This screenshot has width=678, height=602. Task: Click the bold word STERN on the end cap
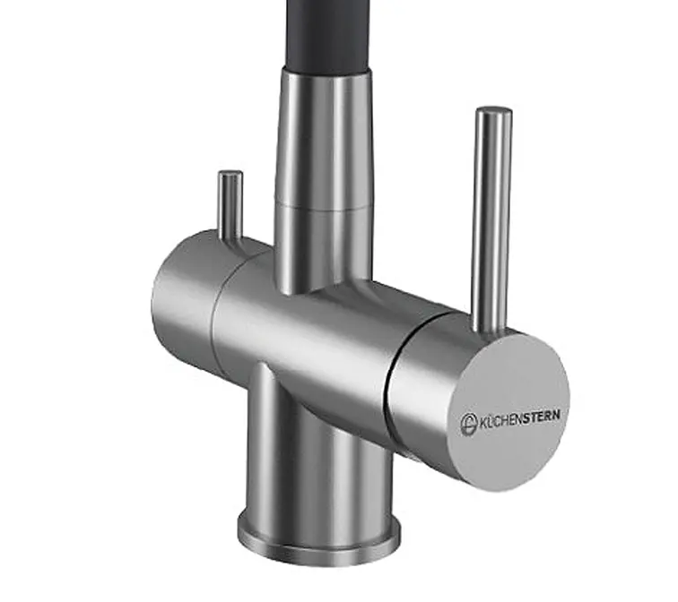pos(543,416)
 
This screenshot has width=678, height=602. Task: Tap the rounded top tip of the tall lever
pos(494,109)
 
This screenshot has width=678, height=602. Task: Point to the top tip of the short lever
pos(230,173)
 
